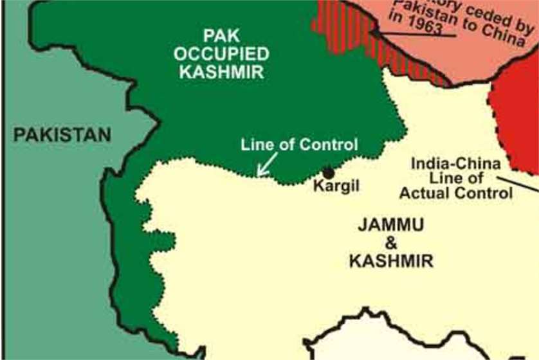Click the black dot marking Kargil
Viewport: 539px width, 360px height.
pos(329,172)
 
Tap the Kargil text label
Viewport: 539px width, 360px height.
pos(335,186)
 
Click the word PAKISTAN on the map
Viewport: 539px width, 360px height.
pos(62,135)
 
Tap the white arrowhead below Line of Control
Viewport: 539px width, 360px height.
pos(260,172)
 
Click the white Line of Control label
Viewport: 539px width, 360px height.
pos(298,144)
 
